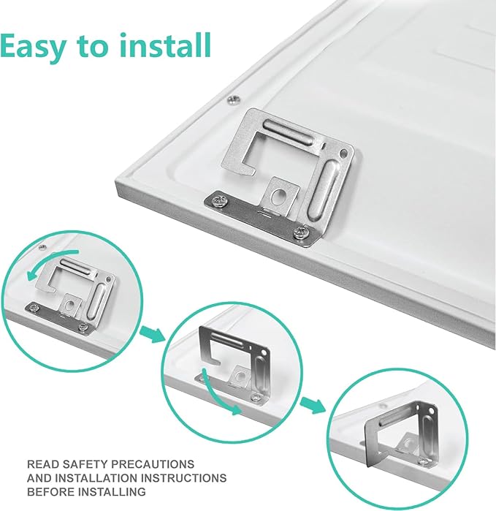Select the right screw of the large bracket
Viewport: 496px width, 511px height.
tap(300, 232)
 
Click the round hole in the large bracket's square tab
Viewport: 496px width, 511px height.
tap(279, 197)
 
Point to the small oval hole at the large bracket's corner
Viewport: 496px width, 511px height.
tap(343, 153)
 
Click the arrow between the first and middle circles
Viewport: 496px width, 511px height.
tap(152, 333)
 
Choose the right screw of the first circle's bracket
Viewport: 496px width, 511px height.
tap(83, 326)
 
